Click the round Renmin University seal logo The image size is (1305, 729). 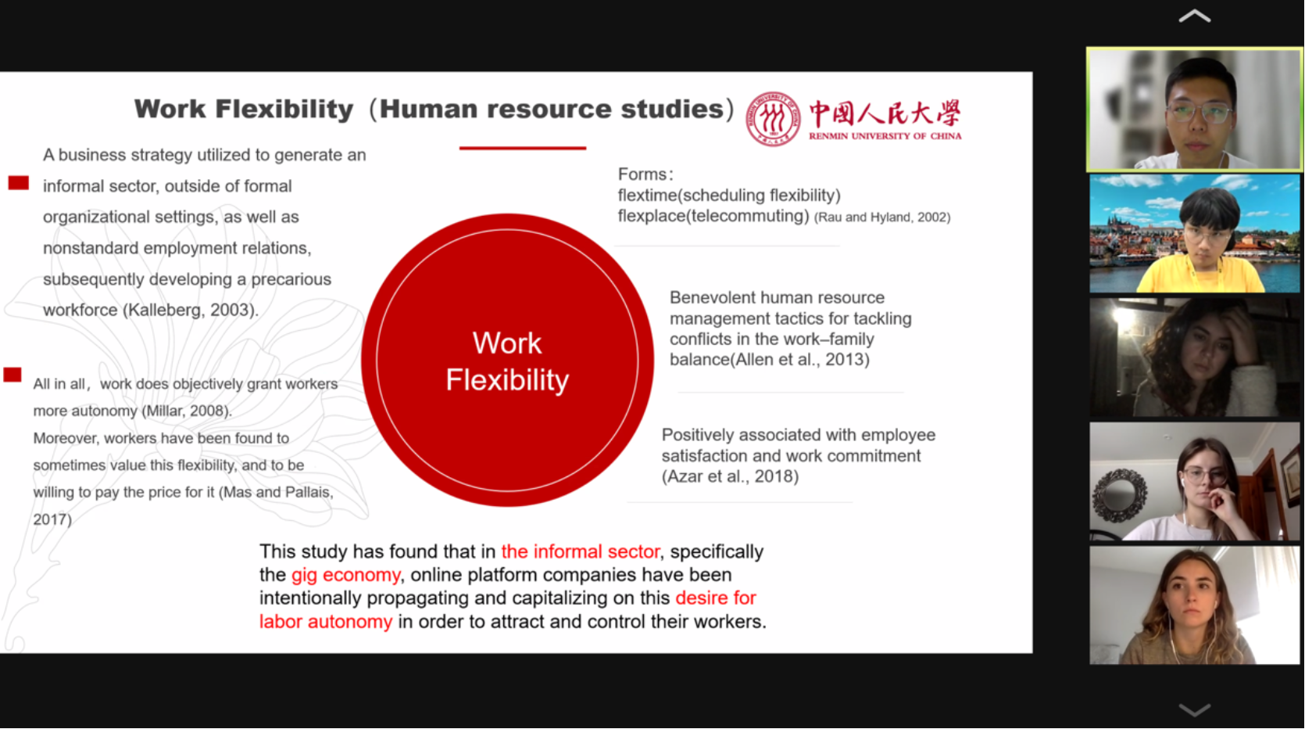coord(773,119)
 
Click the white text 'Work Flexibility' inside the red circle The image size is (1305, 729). coord(507,361)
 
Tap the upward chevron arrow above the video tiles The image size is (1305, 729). coord(1194,16)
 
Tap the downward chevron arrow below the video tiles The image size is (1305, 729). coord(1194,709)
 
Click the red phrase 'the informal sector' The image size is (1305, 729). coord(581,551)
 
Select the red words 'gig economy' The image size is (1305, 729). coord(346,575)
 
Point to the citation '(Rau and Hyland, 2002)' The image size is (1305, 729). coord(882,217)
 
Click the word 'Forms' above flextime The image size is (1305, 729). coord(642,174)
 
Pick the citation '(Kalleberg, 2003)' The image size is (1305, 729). coord(190,310)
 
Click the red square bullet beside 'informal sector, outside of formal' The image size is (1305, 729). coord(19,183)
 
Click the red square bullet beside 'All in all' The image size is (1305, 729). coord(13,375)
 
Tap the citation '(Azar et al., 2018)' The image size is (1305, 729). coord(730,476)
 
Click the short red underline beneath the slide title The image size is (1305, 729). coord(523,148)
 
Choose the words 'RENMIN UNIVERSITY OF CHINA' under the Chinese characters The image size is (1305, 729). coord(885,136)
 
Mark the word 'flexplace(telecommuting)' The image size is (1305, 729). coord(713,217)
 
